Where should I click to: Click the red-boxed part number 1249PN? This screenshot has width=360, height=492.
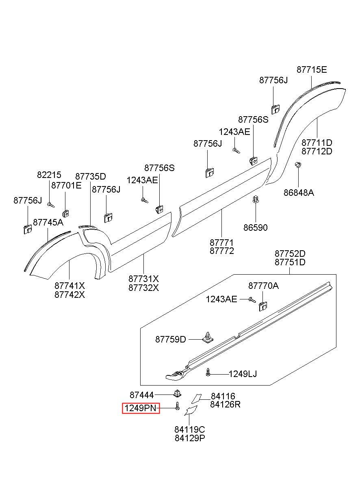pos(140,408)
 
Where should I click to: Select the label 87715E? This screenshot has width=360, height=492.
pos(312,69)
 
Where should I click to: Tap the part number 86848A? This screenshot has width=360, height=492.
pos(299,193)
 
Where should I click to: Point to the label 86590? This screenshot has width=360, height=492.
pos(256,228)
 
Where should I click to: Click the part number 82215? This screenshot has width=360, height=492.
pos(49,175)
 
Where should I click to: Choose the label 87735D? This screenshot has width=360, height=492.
pos(91,176)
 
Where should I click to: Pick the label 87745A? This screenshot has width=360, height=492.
pos(48,223)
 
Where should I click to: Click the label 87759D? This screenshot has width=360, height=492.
pos(170,339)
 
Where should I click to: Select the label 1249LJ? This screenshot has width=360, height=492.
pos(243,374)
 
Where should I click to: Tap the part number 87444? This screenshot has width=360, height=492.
pos(142,395)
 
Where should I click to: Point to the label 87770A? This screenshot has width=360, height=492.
pos(263,286)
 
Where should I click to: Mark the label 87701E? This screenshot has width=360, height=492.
pos(66,186)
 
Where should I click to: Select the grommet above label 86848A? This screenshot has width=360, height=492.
pos(298,164)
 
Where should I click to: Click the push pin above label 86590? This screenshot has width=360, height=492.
pos(256,199)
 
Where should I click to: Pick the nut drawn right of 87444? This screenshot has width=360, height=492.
pos(178,394)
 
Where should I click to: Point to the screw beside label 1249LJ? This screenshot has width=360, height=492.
pos(208,372)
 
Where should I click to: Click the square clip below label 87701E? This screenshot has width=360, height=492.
pos(66,213)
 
